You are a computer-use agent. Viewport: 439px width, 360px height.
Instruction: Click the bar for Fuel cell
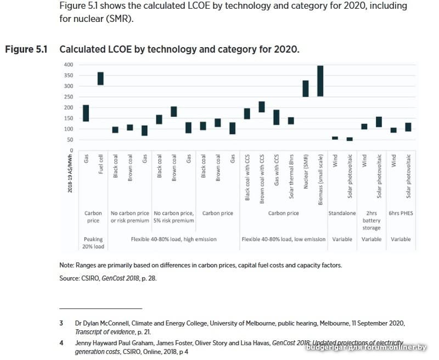100,78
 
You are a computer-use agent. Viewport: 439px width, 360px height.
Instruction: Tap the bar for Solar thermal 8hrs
291,121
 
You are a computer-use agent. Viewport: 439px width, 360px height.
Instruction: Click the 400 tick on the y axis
68,65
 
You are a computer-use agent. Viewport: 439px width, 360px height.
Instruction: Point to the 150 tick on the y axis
68,118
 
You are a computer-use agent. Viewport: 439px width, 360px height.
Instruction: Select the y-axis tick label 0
71,150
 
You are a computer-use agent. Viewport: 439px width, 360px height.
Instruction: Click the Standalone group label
342,213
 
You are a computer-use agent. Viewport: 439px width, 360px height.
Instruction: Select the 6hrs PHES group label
401,213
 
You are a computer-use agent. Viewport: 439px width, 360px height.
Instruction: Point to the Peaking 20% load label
93,243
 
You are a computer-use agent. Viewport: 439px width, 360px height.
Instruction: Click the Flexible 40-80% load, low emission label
283,239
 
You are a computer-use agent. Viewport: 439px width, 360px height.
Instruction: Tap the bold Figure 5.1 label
26,49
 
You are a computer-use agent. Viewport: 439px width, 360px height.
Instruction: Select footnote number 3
61,324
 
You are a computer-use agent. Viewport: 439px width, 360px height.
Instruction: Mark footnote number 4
61,342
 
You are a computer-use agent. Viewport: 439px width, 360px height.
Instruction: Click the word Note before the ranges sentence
66,266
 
